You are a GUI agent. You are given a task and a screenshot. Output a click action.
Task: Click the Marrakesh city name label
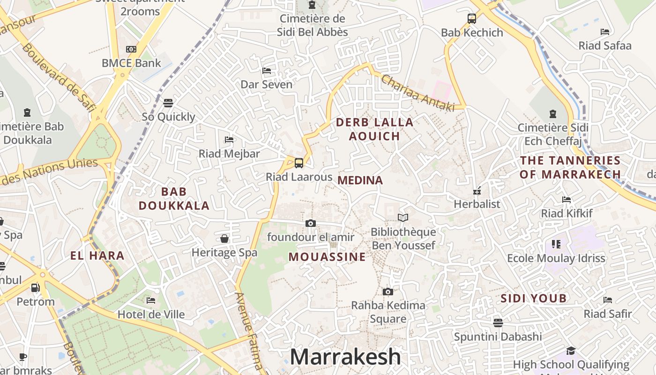pyautogui.click(x=345, y=357)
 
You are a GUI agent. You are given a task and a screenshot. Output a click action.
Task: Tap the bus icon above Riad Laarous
pyautogui.click(x=299, y=163)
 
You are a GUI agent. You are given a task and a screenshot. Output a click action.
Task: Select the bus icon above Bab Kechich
pyautogui.click(x=472, y=19)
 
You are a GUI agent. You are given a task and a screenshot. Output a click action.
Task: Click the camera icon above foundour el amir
pyautogui.click(x=311, y=223)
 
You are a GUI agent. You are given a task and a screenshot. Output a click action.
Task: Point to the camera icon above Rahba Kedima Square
pyautogui.click(x=388, y=292)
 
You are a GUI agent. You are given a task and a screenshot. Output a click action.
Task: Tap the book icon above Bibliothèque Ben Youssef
pyautogui.click(x=403, y=217)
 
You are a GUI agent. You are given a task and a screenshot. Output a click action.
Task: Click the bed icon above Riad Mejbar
pyautogui.click(x=229, y=139)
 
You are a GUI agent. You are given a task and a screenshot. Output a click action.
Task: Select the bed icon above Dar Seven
pyautogui.click(x=267, y=71)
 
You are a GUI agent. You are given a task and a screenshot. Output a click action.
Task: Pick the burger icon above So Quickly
pyautogui.click(x=168, y=103)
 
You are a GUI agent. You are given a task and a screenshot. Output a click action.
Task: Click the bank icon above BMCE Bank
pyautogui.click(x=131, y=49)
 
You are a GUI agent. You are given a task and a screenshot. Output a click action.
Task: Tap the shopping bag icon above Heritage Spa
pyautogui.click(x=224, y=239)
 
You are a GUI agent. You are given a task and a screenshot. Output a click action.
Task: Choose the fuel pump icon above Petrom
pyautogui.click(x=35, y=287)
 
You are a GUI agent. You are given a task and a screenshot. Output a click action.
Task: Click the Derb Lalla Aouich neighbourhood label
pyautogui.click(x=375, y=129)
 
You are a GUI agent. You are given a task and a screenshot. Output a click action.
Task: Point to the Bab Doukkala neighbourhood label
pyautogui.click(x=174, y=198)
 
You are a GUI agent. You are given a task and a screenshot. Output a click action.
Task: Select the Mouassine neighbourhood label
pyautogui.click(x=327, y=257)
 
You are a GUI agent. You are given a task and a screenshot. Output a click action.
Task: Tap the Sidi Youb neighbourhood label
pyautogui.click(x=534, y=298)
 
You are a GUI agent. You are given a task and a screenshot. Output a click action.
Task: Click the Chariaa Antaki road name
pyautogui.click(x=418, y=93)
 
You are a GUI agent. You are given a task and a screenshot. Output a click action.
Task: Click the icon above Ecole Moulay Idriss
pyautogui.click(x=556, y=244)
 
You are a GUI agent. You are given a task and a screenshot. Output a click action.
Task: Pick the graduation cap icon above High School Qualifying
pyautogui.click(x=571, y=351)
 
